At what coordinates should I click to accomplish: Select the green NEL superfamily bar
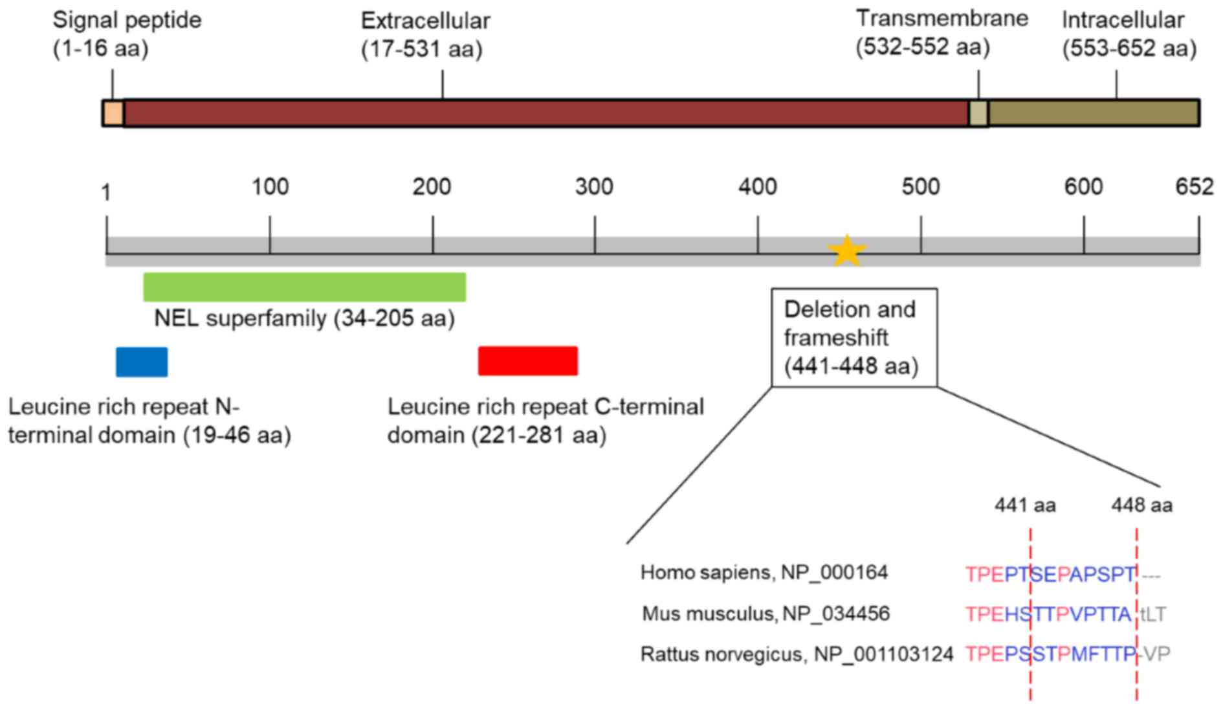click(304, 287)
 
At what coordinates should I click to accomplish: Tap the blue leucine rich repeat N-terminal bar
click(142, 362)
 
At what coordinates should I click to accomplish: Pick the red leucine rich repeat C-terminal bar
click(527, 361)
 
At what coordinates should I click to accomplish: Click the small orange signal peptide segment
click(113, 113)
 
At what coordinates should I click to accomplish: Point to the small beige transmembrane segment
click(978, 113)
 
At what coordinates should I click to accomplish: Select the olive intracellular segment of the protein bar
click(1093, 113)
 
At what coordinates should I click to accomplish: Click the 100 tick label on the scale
click(270, 186)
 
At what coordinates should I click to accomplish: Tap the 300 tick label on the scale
click(594, 186)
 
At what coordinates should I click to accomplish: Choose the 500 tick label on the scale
click(920, 186)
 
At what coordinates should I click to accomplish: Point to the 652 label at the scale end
click(1194, 186)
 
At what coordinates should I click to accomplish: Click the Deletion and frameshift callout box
click(854, 337)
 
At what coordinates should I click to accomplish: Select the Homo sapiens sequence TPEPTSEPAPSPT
click(1050, 574)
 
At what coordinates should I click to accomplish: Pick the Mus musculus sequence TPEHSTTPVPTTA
click(1048, 614)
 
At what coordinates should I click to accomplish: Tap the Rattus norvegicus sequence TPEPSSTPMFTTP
click(1050, 654)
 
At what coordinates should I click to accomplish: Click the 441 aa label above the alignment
click(1025, 505)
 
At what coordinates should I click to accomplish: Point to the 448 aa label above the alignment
click(1141, 505)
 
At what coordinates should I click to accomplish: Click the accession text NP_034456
click(836, 613)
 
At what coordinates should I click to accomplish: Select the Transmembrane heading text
click(942, 18)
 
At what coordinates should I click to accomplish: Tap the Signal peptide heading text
click(127, 20)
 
